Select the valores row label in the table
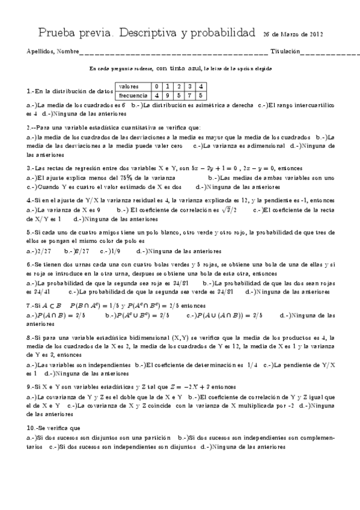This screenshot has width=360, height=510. (x=129, y=87)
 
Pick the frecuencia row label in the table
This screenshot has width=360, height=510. (x=133, y=95)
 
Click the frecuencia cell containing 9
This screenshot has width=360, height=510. (x=168, y=95)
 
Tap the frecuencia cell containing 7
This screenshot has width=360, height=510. (x=190, y=95)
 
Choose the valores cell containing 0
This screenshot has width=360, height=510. (x=157, y=87)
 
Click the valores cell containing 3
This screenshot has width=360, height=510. (x=190, y=87)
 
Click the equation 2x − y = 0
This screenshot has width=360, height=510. (x=259, y=168)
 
